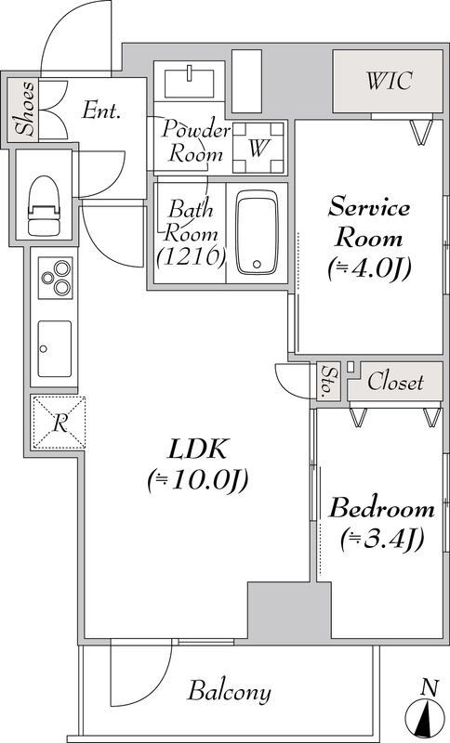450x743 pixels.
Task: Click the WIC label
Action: click(x=390, y=80)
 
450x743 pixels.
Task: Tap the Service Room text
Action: click(x=368, y=220)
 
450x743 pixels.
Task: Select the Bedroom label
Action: click(x=382, y=509)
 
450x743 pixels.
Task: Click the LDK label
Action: click(x=196, y=449)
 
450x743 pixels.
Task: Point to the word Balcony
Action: click(x=230, y=692)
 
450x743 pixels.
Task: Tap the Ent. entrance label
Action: click(x=101, y=111)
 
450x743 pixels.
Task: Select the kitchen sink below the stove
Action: click(x=54, y=347)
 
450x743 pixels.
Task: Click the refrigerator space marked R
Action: click(x=59, y=423)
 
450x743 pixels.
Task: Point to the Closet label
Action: click(x=395, y=382)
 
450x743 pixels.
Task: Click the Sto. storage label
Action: click(x=328, y=381)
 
